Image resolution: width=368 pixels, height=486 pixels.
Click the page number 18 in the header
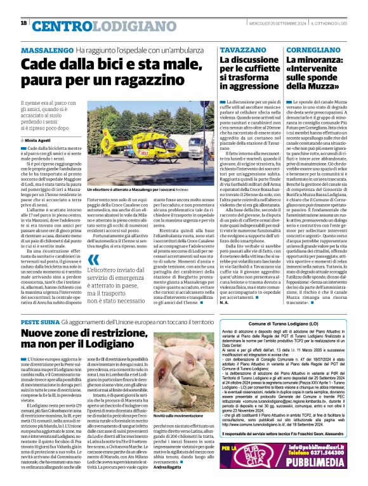coord(23,23)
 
